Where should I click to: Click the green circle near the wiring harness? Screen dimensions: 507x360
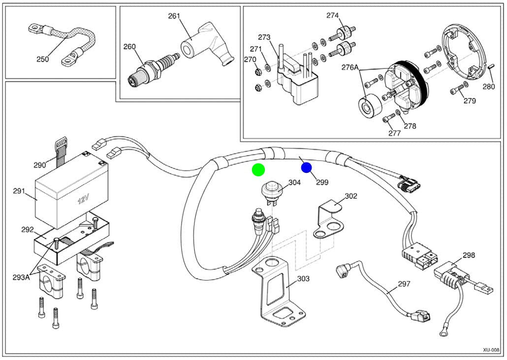pos(258,170)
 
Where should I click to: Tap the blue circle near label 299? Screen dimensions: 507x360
pos(306,167)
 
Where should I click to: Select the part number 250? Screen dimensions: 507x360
pos(43,59)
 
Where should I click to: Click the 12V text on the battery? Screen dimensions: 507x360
pos(83,199)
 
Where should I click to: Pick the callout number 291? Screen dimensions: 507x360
pos(19,191)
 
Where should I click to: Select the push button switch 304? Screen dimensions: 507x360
pos(270,193)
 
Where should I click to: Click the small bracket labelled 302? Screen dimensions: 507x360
pos(327,220)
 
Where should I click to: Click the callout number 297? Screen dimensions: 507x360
pos(404,284)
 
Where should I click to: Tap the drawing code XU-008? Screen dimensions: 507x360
pos(491,350)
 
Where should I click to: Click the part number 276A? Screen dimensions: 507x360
pos(350,67)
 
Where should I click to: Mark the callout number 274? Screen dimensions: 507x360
pos(332,15)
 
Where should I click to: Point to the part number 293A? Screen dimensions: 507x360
pos(21,277)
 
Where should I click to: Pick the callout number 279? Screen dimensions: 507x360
pos(470,101)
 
